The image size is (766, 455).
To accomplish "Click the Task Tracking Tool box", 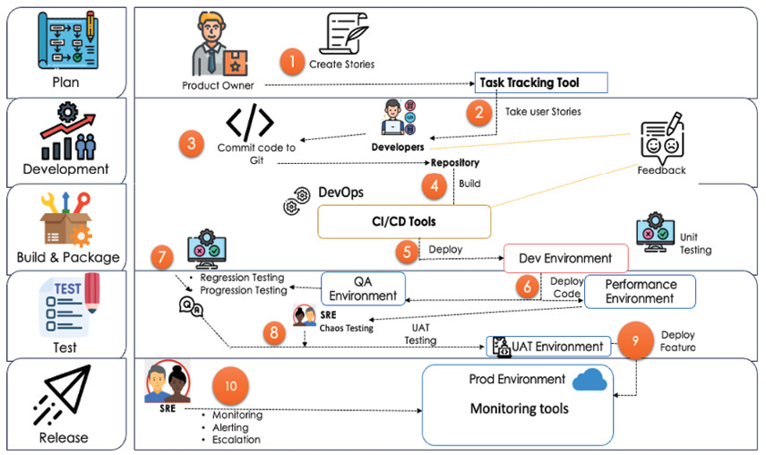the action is (x=541, y=82).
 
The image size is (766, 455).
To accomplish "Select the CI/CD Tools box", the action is (x=404, y=221).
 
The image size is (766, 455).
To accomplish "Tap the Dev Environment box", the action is (x=565, y=258).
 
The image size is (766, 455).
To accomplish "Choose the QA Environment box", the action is (x=363, y=288).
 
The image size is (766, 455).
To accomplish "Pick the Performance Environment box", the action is (x=640, y=291).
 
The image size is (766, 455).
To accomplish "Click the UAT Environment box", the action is (x=548, y=347).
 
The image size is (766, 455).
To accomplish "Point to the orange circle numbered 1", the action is (x=292, y=62).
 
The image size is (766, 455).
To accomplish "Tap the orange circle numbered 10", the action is (x=230, y=386).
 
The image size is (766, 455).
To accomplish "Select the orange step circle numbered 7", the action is (x=162, y=257).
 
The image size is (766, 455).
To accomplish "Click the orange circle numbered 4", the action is (x=435, y=186).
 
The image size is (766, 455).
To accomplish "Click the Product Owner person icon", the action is (x=219, y=44).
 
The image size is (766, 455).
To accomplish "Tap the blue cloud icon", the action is (x=590, y=380).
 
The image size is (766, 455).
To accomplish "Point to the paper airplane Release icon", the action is (x=63, y=395).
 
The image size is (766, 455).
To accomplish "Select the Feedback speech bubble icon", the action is (x=662, y=139).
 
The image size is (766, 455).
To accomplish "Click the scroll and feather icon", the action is (x=343, y=33).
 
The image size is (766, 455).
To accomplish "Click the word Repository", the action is (x=455, y=163).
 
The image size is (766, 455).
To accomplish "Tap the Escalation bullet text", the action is (x=236, y=440).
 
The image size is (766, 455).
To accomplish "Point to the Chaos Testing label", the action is (x=347, y=329).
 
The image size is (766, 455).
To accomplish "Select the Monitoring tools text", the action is (x=520, y=408).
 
